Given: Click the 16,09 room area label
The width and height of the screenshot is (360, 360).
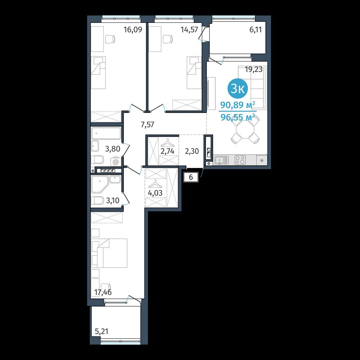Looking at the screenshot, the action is [133, 30].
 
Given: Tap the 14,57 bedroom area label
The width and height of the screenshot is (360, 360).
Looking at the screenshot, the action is [189, 30].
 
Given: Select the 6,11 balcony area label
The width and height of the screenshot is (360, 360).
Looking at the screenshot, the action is [256, 30].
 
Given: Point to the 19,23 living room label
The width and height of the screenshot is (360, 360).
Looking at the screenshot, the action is [253, 69].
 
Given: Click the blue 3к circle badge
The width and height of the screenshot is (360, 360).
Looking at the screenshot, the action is [238, 89].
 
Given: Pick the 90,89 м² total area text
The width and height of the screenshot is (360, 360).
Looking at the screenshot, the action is [238, 105].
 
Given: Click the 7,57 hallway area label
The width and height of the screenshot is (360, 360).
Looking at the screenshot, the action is [147, 125].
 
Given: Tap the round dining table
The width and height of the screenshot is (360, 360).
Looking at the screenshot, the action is [245, 130].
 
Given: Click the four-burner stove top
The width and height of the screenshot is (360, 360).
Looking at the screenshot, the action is [240, 160].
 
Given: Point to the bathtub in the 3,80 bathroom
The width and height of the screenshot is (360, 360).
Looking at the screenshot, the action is [106, 133].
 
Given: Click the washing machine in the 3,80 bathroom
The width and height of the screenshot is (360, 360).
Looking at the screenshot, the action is [116, 162].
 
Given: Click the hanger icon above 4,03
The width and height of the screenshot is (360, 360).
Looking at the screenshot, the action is [155, 184].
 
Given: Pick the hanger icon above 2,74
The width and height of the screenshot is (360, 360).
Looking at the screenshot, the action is [168, 143].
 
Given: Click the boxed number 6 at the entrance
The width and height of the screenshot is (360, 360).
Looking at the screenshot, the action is [191, 178].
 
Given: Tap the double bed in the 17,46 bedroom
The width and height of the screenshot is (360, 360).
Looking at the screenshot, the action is [109, 253].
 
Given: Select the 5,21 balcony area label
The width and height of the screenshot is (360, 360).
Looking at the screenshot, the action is [102, 332].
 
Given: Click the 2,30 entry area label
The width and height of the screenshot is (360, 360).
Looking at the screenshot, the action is [192, 151].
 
